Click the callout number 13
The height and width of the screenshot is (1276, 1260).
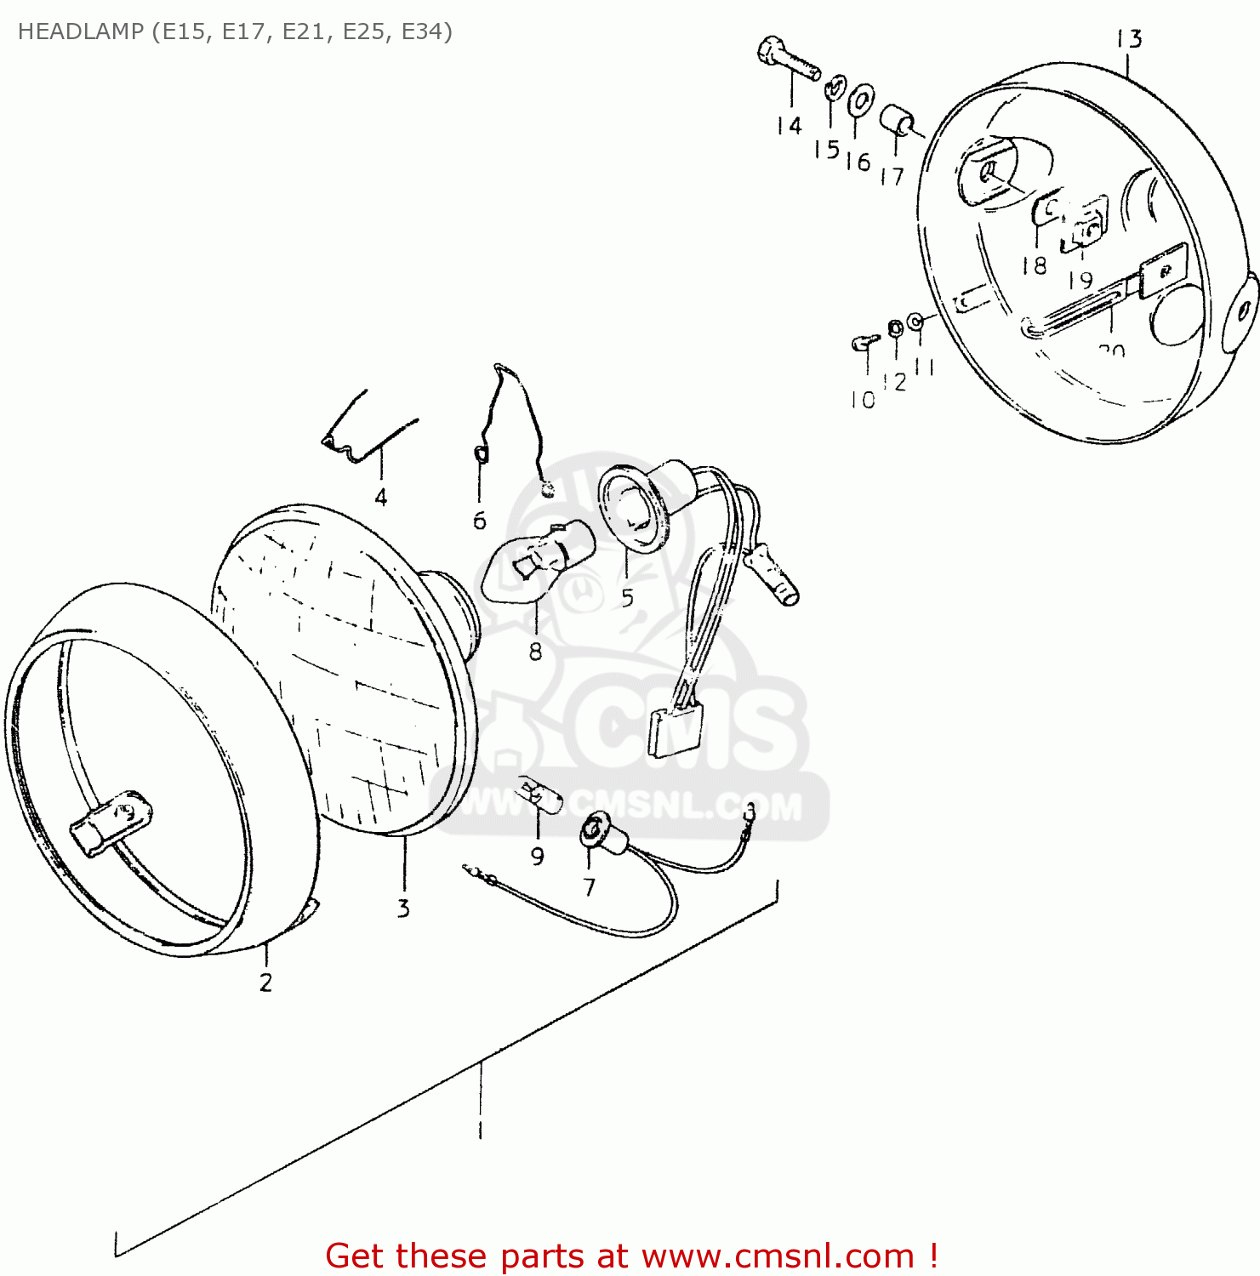point(1129,39)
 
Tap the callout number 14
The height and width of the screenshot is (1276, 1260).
point(789,126)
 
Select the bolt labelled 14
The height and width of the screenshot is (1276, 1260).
point(787,58)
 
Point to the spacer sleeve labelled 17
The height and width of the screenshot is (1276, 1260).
point(896,122)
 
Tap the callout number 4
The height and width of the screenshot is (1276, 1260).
point(380,497)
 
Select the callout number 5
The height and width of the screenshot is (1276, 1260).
point(627,597)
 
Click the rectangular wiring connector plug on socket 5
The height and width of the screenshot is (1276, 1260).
point(672,730)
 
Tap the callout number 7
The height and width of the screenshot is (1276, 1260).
point(589,887)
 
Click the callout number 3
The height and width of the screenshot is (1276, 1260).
point(402,908)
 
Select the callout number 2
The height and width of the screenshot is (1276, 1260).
point(265,983)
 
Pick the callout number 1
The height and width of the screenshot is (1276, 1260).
point(481,1130)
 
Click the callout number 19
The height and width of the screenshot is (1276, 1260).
point(1080,280)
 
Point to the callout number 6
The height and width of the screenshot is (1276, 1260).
point(479,521)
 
